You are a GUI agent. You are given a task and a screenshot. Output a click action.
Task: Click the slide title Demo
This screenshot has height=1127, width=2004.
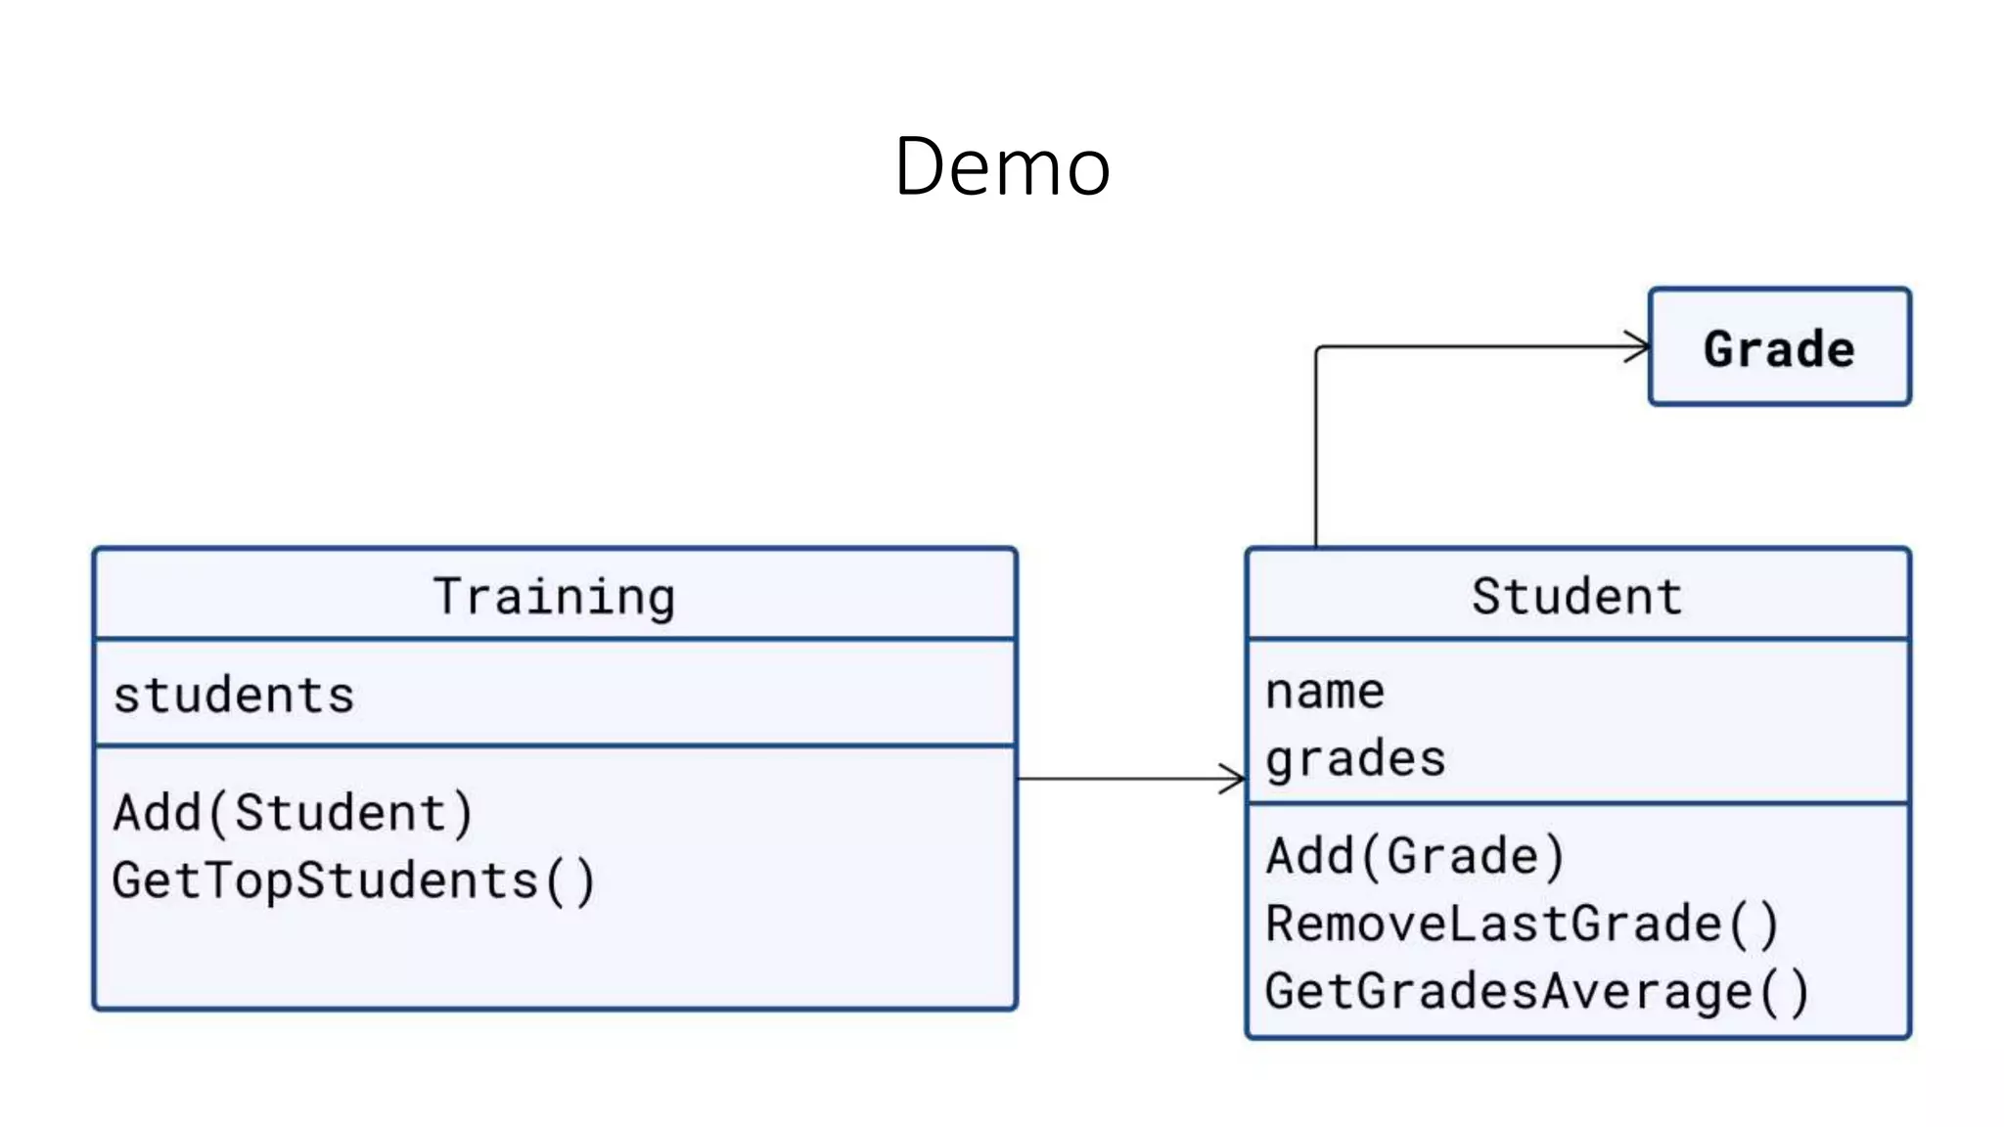(1002, 166)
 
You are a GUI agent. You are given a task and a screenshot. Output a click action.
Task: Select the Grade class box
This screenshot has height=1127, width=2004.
(1779, 347)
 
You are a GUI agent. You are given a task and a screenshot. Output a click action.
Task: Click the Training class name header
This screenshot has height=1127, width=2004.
(555, 596)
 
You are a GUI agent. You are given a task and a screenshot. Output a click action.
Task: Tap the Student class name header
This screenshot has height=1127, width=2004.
(1577, 596)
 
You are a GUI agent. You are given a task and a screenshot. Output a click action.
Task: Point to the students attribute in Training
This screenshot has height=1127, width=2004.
(234, 696)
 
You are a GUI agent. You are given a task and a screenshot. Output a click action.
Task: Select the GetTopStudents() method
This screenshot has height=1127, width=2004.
(353, 880)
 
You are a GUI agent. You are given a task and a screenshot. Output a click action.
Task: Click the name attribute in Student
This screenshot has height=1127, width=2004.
(1325, 692)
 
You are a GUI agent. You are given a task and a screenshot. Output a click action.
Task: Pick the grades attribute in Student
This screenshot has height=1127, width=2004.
(1355, 759)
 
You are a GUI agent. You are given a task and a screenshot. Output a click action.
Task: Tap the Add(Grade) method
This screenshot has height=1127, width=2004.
(1415, 856)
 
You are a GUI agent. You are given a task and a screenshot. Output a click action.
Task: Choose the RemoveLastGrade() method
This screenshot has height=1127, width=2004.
(1522, 924)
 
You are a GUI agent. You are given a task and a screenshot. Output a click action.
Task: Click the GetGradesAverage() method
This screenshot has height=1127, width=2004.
(1536, 991)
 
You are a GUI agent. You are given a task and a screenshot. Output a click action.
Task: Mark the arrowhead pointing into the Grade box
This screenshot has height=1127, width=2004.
(1638, 346)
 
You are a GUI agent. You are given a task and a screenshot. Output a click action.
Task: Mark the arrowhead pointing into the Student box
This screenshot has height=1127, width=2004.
(1234, 779)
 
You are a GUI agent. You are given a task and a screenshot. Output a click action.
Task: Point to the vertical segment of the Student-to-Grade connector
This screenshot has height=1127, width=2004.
(1316, 450)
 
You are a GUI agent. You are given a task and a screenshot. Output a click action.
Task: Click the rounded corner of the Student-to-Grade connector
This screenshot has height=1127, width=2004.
(1319, 349)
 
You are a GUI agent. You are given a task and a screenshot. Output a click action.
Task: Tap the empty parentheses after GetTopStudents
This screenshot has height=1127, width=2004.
(570, 881)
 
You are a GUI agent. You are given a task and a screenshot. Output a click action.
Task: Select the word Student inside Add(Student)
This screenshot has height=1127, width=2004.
(341, 813)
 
